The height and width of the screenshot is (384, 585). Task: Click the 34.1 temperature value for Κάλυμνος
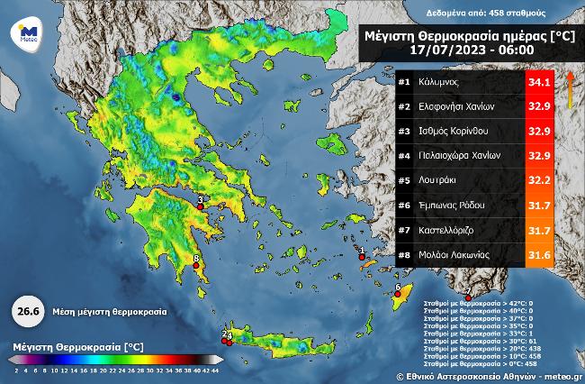539,82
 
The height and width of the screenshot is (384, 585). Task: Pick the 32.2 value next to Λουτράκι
539,179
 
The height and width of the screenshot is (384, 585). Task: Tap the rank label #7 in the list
405,230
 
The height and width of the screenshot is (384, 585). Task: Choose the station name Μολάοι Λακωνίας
456,255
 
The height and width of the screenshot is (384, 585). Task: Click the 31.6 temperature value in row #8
539,255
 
